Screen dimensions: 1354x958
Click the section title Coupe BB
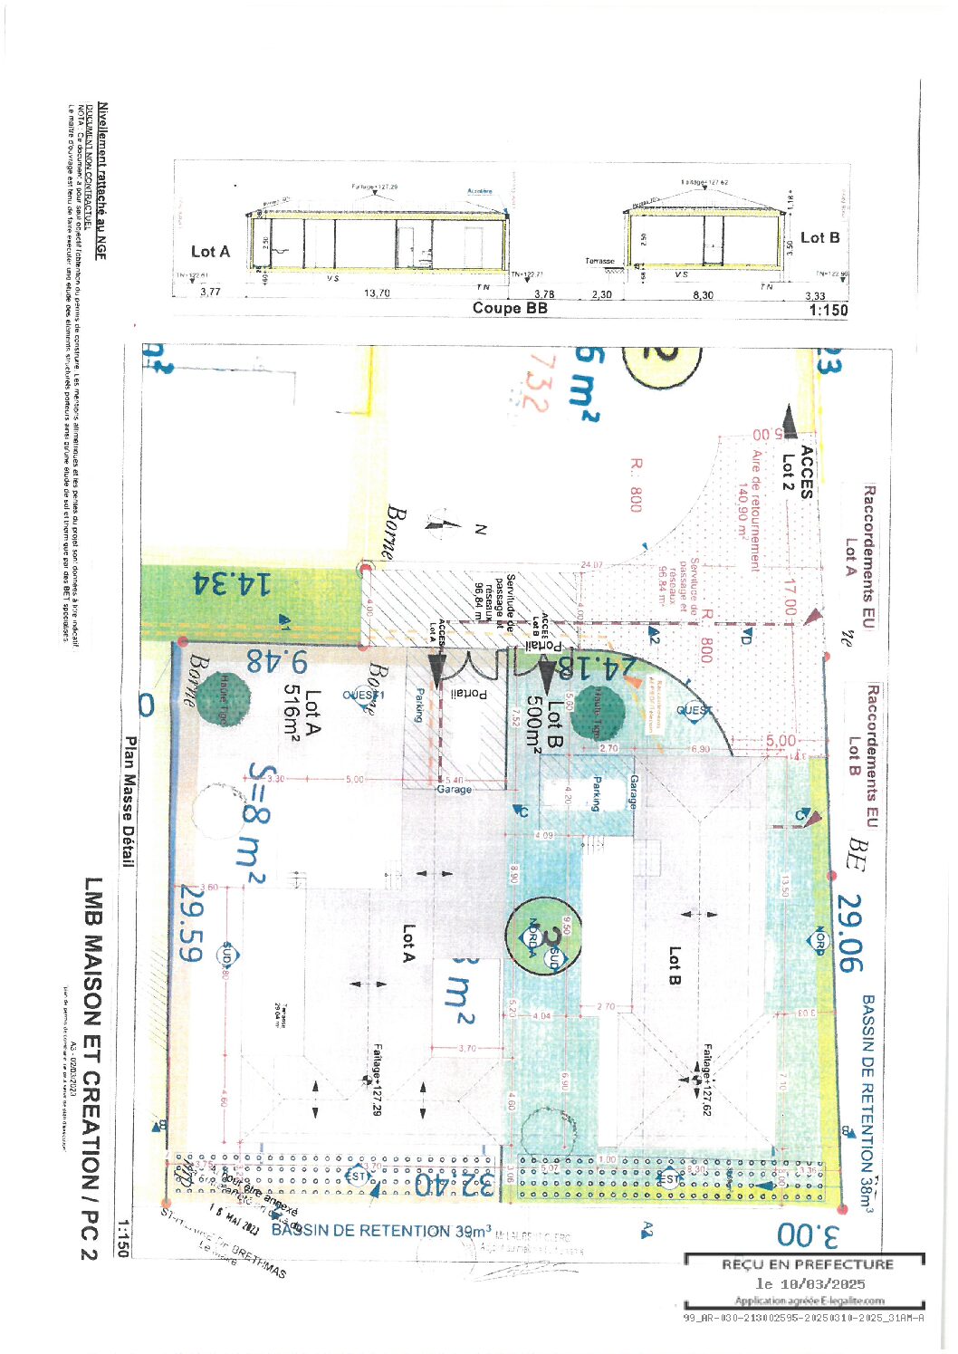[510, 308]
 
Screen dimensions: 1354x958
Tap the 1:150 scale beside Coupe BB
[828, 310]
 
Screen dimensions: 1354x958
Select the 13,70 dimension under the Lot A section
[377, 293]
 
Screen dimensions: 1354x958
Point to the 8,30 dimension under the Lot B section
[703, 294]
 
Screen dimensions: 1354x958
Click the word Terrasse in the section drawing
[599, 261]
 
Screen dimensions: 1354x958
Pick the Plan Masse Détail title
[129, 802]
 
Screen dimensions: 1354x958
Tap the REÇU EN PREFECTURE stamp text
[807, 1264]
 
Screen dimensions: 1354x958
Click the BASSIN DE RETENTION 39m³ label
[381, 1230]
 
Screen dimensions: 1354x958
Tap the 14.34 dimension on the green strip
[232, 584]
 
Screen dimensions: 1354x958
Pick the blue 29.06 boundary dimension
[849, 932]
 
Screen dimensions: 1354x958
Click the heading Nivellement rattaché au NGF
[101, 181]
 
